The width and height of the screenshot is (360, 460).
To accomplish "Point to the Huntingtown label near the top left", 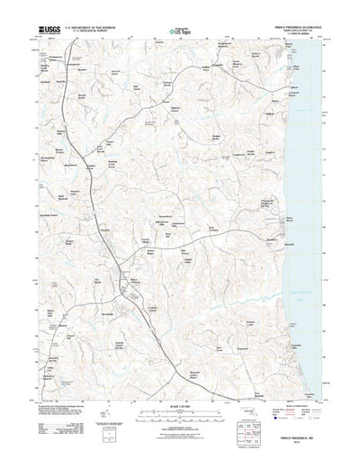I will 76,53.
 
